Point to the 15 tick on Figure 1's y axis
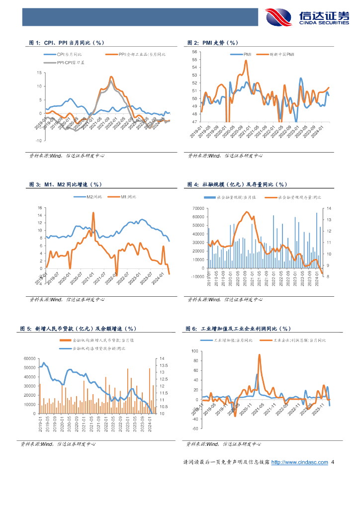(39, 73)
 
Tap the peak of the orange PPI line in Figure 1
(111, 77)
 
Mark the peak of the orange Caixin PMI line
(246, 61)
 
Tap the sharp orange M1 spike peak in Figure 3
(93, 213)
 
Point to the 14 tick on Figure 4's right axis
(329, 208)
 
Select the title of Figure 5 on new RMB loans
(78, 329)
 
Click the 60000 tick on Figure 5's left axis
(30, 358)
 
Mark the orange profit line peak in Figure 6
(259, 355)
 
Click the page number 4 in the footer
(333, 462)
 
